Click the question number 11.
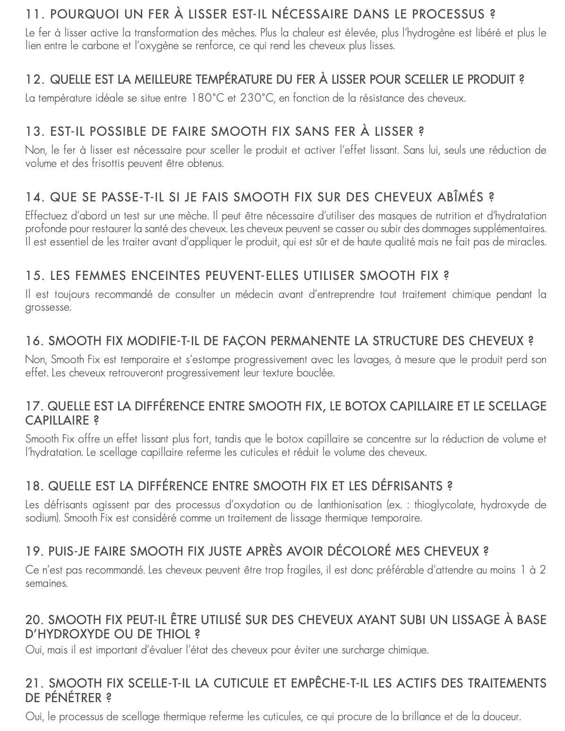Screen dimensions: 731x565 pyautogui.click(x=34, y=14)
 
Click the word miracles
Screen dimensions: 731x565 pyautogui.click(x=526, y=242)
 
